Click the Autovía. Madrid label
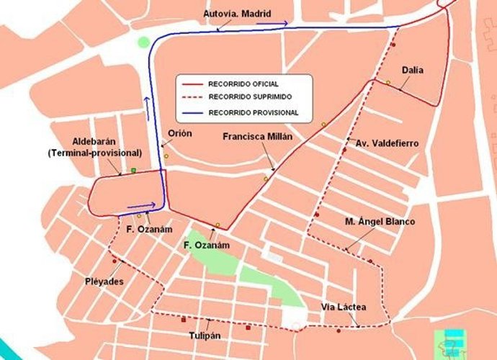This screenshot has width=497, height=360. (x=236, y=14)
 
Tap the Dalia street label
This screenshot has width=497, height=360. (x=413, y=70)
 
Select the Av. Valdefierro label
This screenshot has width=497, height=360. (x=387, y=143)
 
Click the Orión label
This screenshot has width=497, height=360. (x=179, y=133)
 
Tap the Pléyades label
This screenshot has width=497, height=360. (x=104, y=280)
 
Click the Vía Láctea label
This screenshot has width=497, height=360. (x=344, y=307)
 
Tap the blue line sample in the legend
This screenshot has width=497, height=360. (x=191, y=112)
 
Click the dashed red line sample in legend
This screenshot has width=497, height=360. (x=191, y=98)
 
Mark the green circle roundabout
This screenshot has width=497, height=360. (x=144, y=42)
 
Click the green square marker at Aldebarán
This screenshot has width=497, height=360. (x=133, y=171)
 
